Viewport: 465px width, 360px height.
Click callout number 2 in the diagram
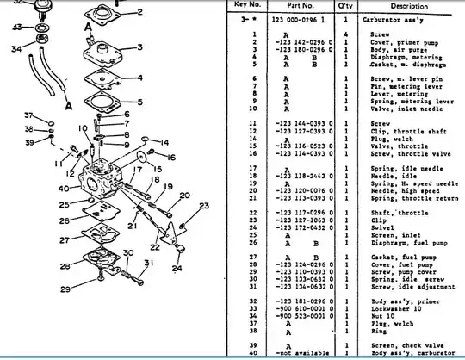tap(139, 13)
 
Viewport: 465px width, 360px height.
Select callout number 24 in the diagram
tap(177, 268)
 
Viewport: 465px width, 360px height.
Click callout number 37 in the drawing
tap(28, 115)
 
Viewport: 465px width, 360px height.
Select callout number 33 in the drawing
tap(16, 28)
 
